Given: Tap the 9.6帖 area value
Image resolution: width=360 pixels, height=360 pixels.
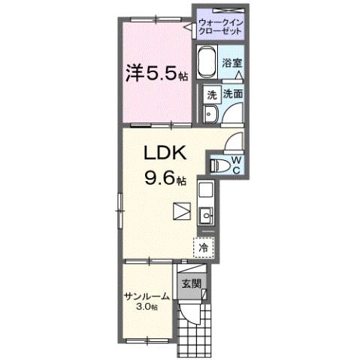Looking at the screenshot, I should [x=164, y=178].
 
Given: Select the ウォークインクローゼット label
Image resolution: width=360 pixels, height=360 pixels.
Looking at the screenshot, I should [x=220, y=29].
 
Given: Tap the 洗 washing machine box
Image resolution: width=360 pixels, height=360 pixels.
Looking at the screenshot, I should [x=211, y=95].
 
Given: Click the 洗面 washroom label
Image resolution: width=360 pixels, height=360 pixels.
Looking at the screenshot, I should [x=231, y=95].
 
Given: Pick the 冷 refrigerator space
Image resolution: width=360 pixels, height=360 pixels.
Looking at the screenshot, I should [x=203, y=245].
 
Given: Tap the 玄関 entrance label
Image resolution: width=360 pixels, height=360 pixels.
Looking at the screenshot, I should [x=191, y=284].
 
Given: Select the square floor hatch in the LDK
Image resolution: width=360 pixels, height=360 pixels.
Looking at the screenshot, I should [x=181, y=210].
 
